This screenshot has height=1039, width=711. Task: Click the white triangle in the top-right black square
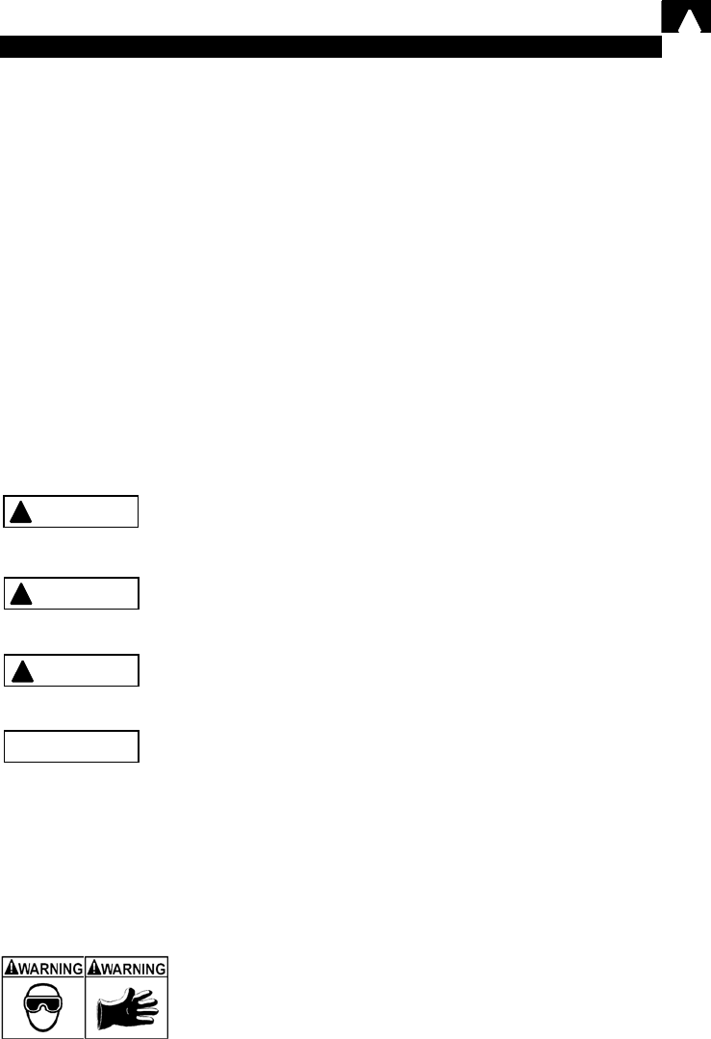pyautogui.click(x=690, y=21)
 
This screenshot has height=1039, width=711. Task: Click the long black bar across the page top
pyautogui.click(x=330, y=46)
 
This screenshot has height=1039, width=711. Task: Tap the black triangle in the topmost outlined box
pyautogui.click(x=20, y=512)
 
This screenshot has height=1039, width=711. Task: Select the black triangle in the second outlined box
pyautogui.click(x=21, y=594)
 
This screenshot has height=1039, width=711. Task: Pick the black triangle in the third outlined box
pyautogui.click(x=22, y=671)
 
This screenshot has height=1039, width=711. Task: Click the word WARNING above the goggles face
pyautogui.click(x=50, y=969)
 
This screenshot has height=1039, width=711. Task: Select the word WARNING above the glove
pyautogui.click(x=133, y=969)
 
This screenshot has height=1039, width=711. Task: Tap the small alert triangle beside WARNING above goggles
pyautogui.click(x=12, y=969)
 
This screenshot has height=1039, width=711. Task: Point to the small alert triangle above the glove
pyautogui.click(x=94, y=969)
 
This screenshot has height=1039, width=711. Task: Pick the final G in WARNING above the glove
pyautogui.click(x=161, y=969)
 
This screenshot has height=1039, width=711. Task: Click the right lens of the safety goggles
pyautogui.click(x=53, y=1004)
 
